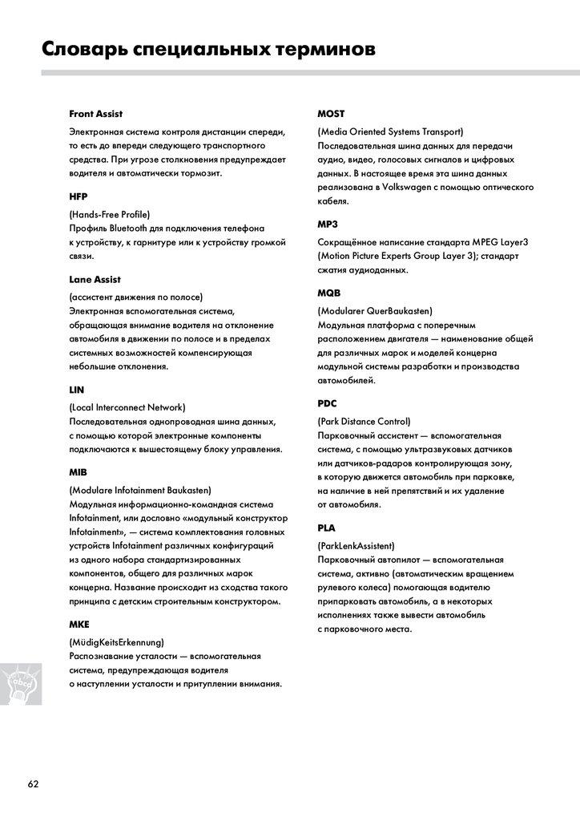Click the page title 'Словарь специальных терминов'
tap(207, 50)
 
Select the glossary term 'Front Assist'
tap(95, 114)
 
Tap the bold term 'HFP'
tap(79, 196)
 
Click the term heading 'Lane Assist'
tap(95, 279)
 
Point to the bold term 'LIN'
tap(77, 390)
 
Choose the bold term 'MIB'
tap(79, 472)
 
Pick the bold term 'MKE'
tap(79, 624)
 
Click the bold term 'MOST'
tap(331, 114)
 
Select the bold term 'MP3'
tap(328, 224)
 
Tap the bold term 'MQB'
tap(329, 293)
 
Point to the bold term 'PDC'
tap(328, 404)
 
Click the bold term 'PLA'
tap(327, 528)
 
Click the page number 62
tap(33, 783)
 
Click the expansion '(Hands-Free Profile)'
tap(110, 214)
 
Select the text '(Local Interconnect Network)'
tap(127, 407)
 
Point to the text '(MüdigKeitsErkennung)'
tap(117, 641)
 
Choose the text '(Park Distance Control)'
tap(364, 421)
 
